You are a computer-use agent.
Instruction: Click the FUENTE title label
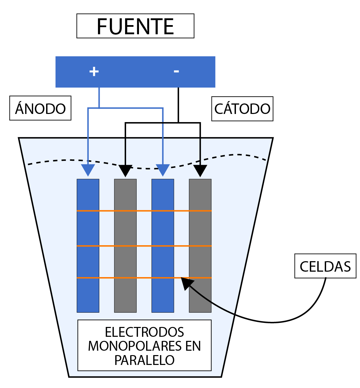[135, 26]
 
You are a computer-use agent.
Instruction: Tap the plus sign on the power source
[94, 71]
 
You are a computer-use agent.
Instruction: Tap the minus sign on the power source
[176, 71]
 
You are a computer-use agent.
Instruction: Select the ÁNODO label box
[40, 108]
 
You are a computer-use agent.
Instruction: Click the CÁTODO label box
[242, 109]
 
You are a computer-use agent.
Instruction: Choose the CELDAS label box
[325, 266]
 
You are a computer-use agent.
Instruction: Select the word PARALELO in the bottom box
[144, 360]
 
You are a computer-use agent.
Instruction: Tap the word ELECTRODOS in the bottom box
[144, 332]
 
